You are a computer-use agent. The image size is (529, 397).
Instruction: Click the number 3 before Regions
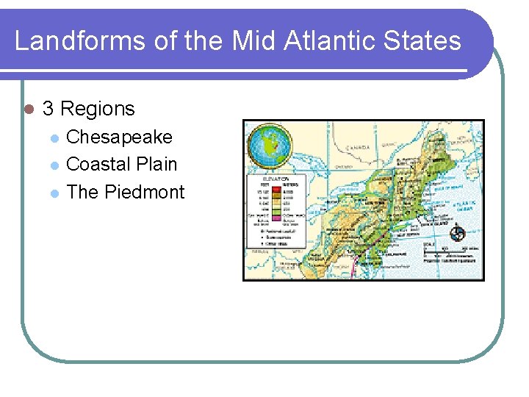(48, 109)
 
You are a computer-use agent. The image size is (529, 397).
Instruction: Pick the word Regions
(98, 109)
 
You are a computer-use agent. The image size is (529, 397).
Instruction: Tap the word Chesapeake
(119, 137)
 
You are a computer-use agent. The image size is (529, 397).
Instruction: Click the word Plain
(156, 164)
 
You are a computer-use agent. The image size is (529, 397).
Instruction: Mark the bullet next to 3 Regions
(28, 109)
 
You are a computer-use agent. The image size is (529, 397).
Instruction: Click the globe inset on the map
(269, 145)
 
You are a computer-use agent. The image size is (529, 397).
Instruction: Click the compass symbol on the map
(457, 234)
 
